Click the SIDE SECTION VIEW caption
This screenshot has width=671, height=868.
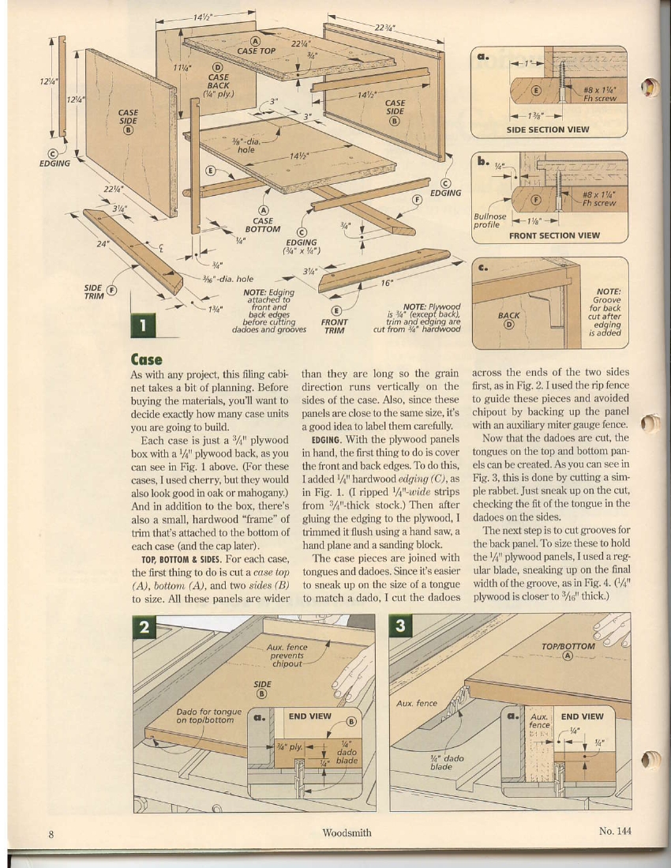[x=547, y=130]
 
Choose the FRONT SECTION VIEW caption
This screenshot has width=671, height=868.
[x=553, y=235]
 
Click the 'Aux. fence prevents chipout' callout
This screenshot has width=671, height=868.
[x=287, y=656]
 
